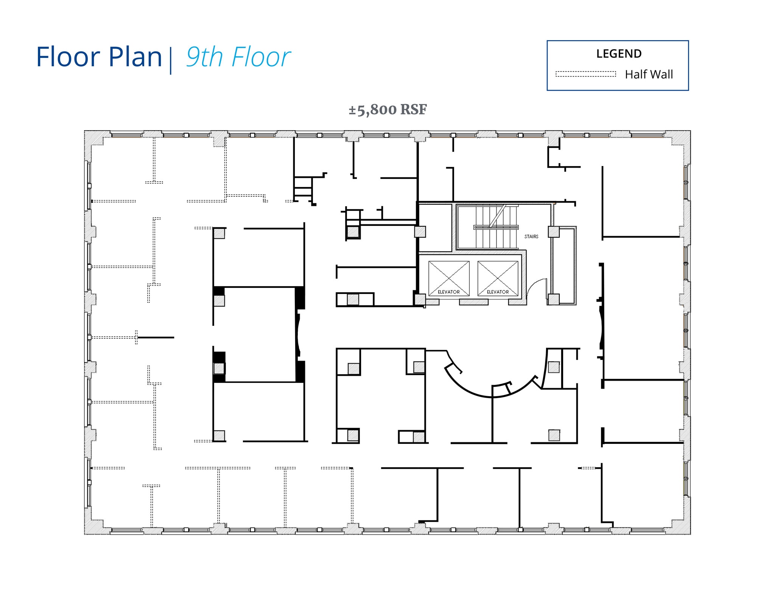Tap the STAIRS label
pyautogui.click(x=531, y=236)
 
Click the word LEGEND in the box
pyautogui.click(x=619, y=54)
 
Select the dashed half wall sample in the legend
pyautogui.click(x=585, y=74)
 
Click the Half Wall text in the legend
pyautogui.click(x=649, y=75)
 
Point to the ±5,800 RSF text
pyautogui.click(x=387, y=110)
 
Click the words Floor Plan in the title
pyautogui.click(x=99, y=57)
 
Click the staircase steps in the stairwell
pyautogui.click(x=488, y=227)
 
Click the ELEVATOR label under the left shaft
pyautogui.click(x=448, y=292)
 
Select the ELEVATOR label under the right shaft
pyautogui.click(x=498, y=292)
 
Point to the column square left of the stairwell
pyautogui.click(x=420, y=232)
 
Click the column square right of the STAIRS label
pyautogui.click(x=554, y=232)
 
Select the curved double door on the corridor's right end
pyautogui.click(x=601, y=327)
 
